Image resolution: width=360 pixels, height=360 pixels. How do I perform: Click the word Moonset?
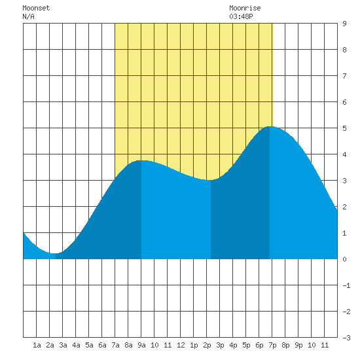pyautogui.click(x=36, y=8)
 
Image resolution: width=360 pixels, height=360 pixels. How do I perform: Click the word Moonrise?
pyautogui.click(x=245, y=8)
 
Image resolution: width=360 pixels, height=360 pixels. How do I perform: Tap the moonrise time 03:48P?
pyautogui.click(x=241, y=16)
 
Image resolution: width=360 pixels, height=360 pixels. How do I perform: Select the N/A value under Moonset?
pyautogui.click(x=28, y=16)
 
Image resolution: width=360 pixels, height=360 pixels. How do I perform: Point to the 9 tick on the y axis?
pyautogui.click(x=344, y=24)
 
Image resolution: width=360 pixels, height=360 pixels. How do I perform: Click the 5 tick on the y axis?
pyautogui.click(x=344, y=128)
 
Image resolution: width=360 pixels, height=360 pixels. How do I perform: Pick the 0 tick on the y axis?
pyautogui.click(x=344, y=259)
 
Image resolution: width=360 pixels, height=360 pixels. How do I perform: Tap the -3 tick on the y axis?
pyautogui.click(x=346, y=338)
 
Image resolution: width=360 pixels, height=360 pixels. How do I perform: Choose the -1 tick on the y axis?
pyautogui.click(x=346, y=285)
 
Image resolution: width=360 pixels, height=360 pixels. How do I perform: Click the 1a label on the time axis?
pyautogui.click(x=37, y=345)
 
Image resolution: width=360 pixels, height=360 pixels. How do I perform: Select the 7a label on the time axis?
pyautogui.click(x=115, y=345)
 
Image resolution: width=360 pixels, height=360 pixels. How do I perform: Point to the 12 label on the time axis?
pyautogui.click(x=181, y=345)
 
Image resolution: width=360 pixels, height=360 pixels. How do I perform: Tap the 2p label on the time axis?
pyautogui.click(x=207, y=345)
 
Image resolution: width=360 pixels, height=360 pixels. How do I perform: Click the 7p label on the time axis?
pyautogui.click(x=272, y=345)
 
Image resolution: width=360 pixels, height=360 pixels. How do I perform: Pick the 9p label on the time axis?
pyautogui.click(x=298, y=345)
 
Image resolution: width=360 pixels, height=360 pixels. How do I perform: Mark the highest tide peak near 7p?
pyautogui.click(x=270, y=126)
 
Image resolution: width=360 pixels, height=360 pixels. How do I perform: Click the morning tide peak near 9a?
pyautogui.click(x=141, y=160)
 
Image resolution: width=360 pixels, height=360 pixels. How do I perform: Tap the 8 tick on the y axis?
pyautogui.click(x=344, y=50)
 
